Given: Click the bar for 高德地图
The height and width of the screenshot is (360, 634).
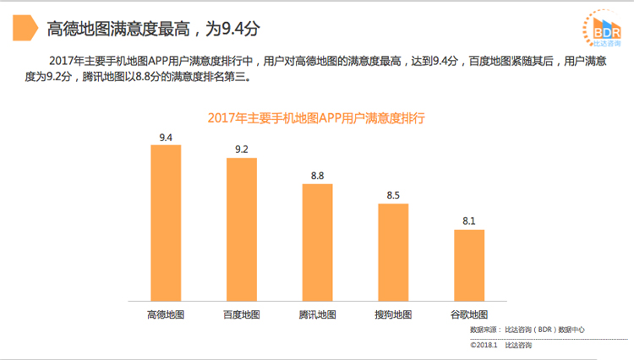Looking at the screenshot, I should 166,222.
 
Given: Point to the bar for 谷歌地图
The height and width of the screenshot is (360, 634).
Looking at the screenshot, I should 469,265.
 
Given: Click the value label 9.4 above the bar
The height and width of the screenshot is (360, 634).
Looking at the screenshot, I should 166,137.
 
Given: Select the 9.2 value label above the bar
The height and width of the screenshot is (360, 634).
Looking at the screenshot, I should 242,150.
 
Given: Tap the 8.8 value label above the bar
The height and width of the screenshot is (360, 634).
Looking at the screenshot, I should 318,176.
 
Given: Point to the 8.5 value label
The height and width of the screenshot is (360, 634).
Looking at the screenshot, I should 393,195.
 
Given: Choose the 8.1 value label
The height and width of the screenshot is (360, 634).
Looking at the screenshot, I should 469,221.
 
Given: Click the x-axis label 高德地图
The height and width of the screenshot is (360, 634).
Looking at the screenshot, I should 166,314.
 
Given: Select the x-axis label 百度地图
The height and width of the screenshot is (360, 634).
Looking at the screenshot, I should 242,314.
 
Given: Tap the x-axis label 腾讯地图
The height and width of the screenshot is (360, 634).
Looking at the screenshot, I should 318,314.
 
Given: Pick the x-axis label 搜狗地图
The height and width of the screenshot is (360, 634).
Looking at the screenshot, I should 393,314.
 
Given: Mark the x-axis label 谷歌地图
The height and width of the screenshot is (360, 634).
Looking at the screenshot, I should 469,314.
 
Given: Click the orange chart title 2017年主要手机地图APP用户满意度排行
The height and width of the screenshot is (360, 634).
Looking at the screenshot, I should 316,118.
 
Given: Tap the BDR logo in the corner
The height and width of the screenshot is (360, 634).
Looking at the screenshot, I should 601,29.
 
